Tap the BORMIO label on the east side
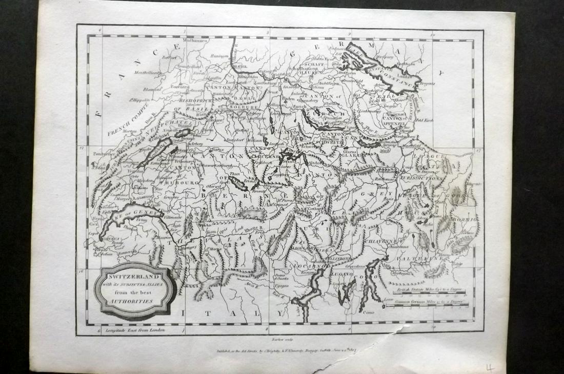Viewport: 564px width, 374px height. pyautogui.click(x=465, y=219)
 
